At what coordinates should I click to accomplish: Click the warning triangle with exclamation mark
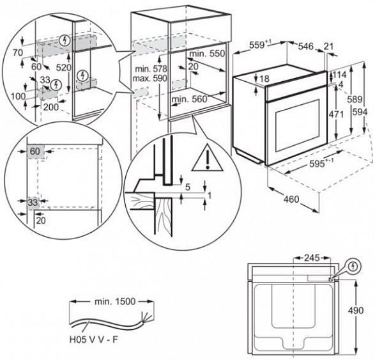click(x=207, y=158)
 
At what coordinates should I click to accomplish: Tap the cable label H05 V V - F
click(x=94, y=340)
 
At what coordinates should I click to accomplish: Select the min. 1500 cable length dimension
click(x=115, y=302)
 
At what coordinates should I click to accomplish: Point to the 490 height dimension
click(x=356, y=311)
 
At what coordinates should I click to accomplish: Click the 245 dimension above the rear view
click(x=312, y=258)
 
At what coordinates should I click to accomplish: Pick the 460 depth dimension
click(x=291, y=199)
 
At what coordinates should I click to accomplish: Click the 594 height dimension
click(x=360, y=112)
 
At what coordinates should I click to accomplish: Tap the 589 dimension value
click(x=355, y=99)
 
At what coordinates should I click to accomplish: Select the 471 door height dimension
click(x=336, y=114)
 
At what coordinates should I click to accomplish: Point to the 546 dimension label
click(x=305, y=46)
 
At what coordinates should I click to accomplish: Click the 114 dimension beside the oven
click(x=340, y=75)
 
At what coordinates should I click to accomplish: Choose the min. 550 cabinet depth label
click(x=207, y=53)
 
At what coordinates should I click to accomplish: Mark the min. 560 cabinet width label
click(x=189, y=99)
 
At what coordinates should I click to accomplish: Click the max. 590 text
click(x=149, y=78)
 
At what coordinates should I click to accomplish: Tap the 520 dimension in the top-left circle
click(x=64, y=68)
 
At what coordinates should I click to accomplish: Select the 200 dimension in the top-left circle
click(x=50, y=107)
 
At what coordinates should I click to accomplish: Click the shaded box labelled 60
click(x=35, y=152)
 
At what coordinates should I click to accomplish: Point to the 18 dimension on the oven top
click(x=264, y=79)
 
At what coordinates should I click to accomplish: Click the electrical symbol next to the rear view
click(x=353, y=266)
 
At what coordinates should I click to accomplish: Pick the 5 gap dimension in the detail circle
click(x=188, y=187)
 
